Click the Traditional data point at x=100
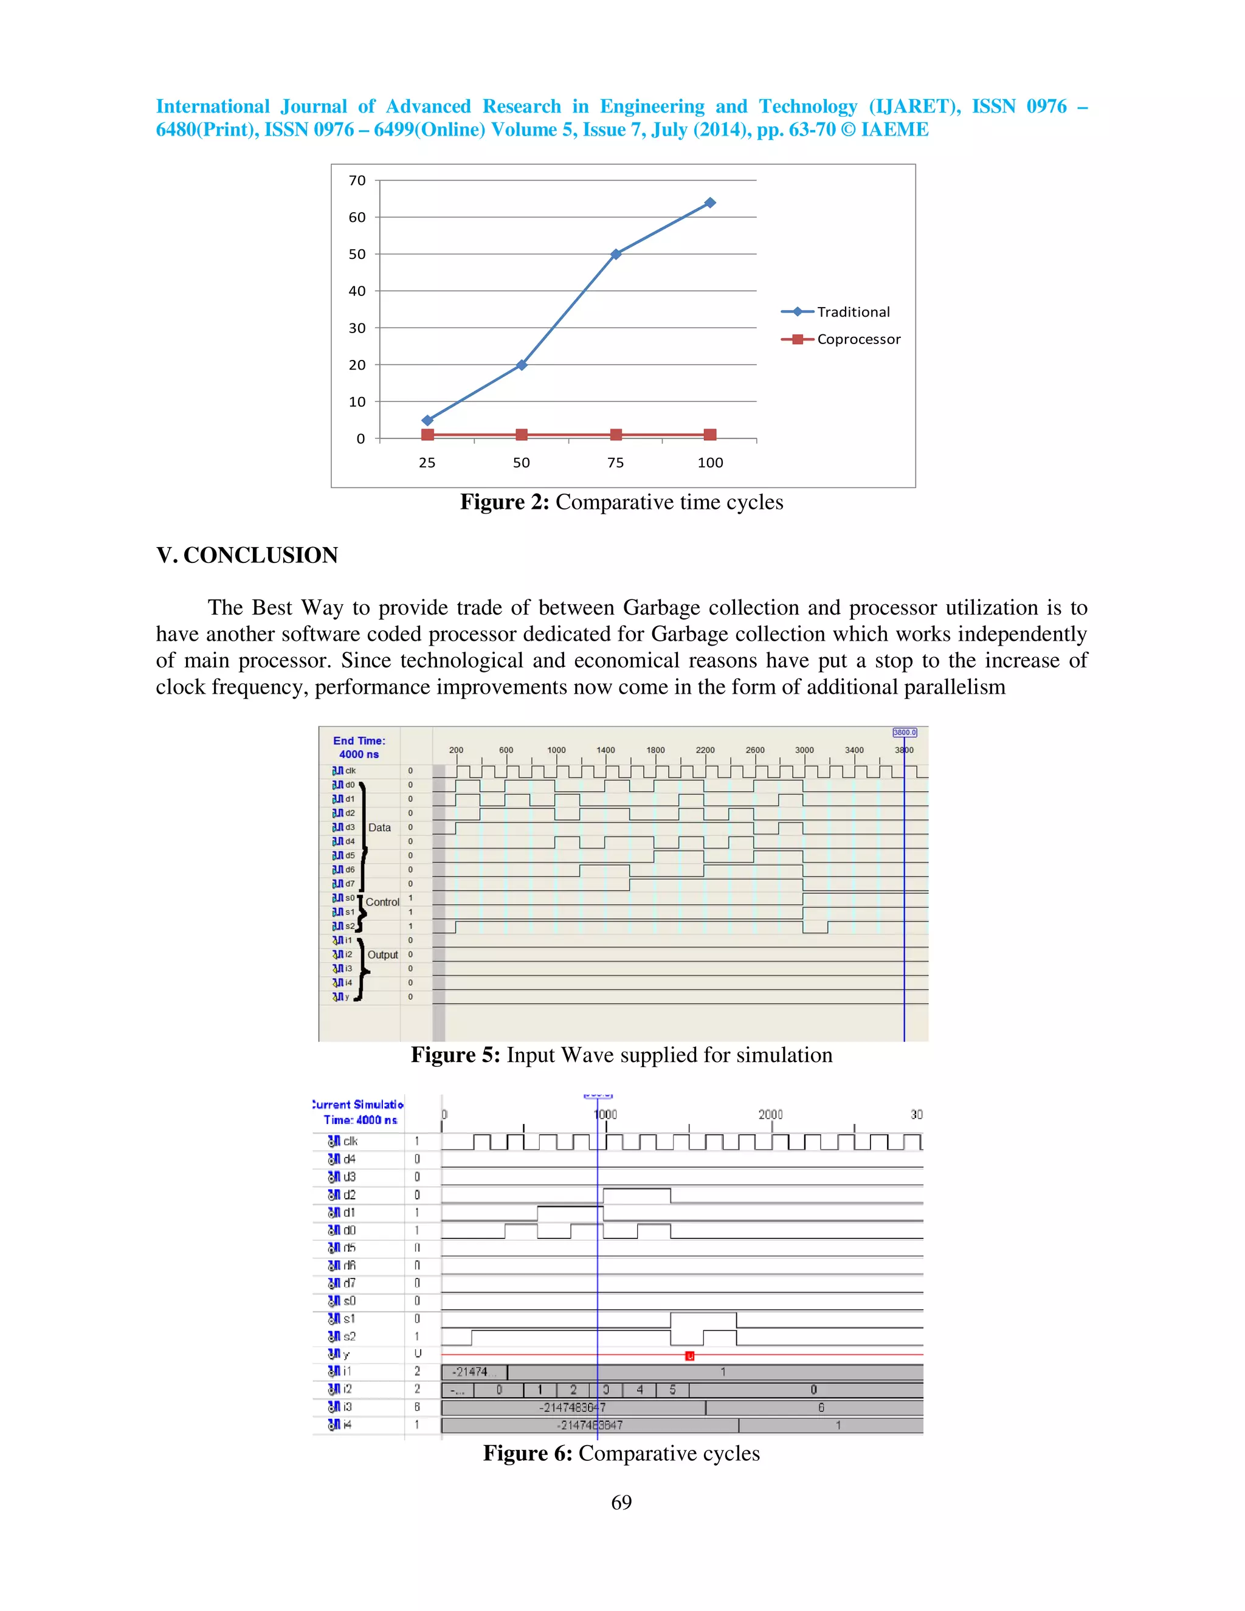point(709,203)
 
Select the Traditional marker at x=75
point(616,254)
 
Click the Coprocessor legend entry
point(858,339)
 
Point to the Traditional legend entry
point(853,312)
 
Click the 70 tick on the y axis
point(357,181)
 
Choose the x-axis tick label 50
point(522,463)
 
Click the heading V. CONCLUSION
point(247,556)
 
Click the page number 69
point(621,1503)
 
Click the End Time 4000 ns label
point(359,747)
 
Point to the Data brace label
point(379,827)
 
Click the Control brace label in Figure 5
point(382,902)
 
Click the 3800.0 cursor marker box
point(904,733)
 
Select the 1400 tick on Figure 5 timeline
point(605,750)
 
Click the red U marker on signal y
point(689,1356)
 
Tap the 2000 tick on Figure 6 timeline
point(770,1114)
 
